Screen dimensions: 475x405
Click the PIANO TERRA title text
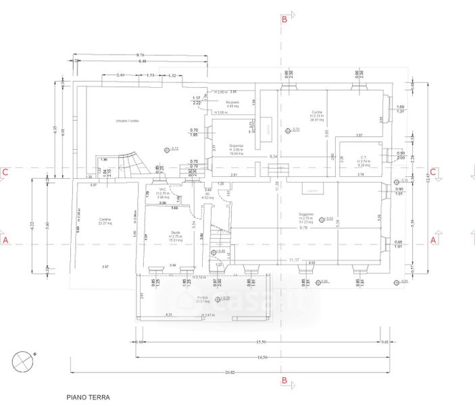pyautogui.click(x=88, y=398)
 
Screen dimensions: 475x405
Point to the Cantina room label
pyautogui.click(x=104, y=219)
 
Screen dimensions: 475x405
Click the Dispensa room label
pyautogui.click(x=236, y=145)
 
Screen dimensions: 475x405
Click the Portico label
pyautogui.click(x=203, y=298)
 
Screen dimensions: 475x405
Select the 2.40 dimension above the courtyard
pyautogui.click(x=119, y=75)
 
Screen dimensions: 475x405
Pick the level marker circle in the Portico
pyautogui.click(x=216, y=298)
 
